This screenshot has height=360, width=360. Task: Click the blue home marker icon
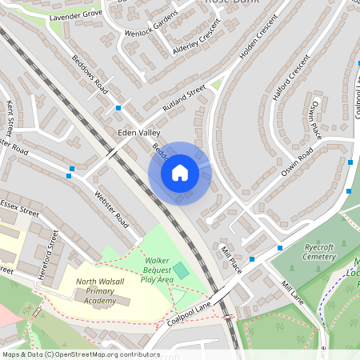coord(180,173)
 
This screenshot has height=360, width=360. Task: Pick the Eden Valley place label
coord(139,133)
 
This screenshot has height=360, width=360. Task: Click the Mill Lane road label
coord(293,293)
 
